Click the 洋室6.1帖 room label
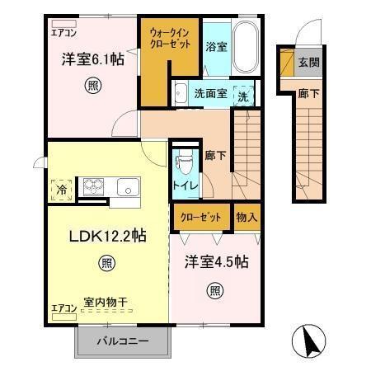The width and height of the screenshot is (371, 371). tap(92, 59)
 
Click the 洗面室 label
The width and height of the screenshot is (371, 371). tap(210, 95)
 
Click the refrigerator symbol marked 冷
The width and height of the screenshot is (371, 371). tap(61, 190)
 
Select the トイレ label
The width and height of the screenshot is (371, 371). tap(183, 185)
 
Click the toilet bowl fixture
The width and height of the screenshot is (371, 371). tap(183, 157)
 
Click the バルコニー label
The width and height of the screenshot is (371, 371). tap(125, 340)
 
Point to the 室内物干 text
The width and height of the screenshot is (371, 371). tap(106, 303)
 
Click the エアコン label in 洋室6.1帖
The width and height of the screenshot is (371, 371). tap(65, 34)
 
